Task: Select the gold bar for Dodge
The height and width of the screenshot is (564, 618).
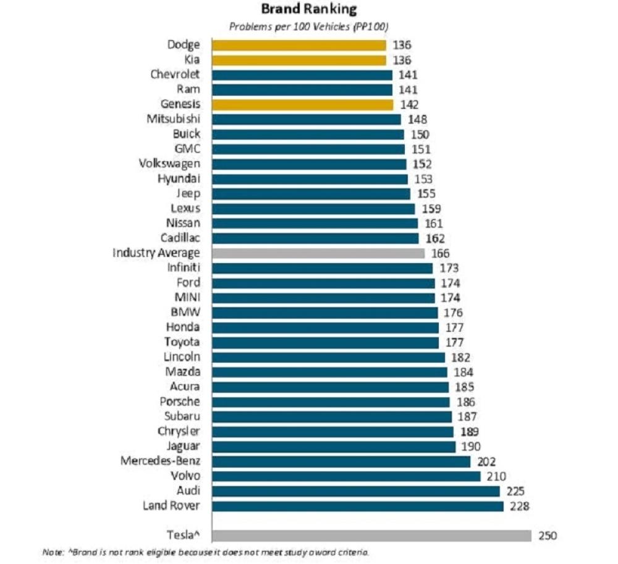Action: pyautogui.click(x=299, y=45)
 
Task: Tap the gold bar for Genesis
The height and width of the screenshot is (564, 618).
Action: pyautogui.click(x=303, y=104)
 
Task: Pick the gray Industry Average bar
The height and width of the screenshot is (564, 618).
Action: pyautogui.click(x=318, y=253)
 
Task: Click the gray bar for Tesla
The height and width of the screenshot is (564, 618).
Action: pyautogui.click(x=371, y=536)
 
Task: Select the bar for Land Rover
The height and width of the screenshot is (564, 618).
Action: pyautogui.click(x=358, y=506)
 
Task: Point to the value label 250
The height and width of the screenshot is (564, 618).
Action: pyautogui.click(x=547, y=536)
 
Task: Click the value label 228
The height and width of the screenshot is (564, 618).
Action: pyautogui.click(x=520, y=506)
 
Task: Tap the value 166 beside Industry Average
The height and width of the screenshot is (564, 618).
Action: pyautogui.click(x=440, y=253)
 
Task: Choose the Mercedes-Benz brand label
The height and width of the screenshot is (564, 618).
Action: pyautogui.click(x=161, y=461)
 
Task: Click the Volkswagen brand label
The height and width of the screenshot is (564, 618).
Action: pyautogui.click(x=170, y=164)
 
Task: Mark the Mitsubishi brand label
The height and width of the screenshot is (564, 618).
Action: pyautogui.click(x=174, y=119)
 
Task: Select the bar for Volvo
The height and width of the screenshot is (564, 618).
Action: pyautogui.click(x=346, y=476)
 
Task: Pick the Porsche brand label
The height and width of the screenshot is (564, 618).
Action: pyautogui.click(x=180, y=402)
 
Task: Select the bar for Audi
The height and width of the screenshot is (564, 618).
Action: pyautogui.click(x=356, y=491)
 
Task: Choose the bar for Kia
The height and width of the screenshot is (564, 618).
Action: pyautogui.click(x=299, y=60)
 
